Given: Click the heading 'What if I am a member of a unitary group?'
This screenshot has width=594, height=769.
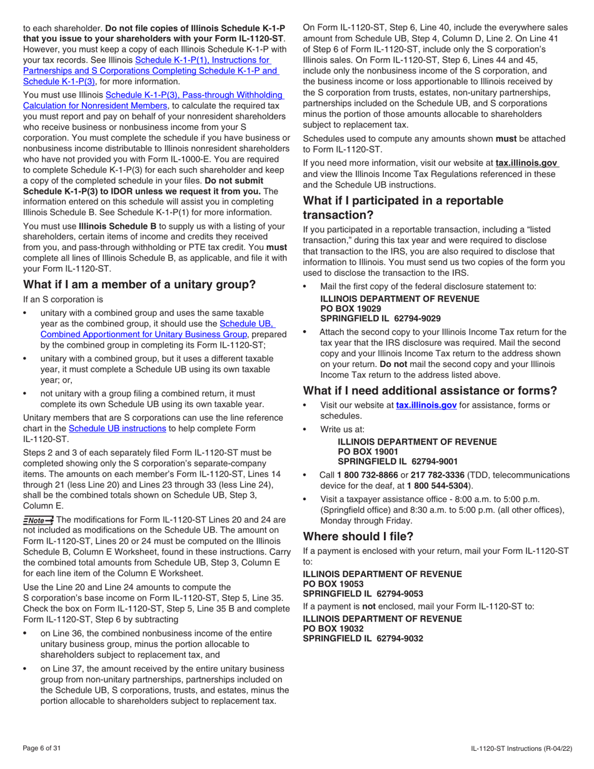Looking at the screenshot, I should click(139, 285).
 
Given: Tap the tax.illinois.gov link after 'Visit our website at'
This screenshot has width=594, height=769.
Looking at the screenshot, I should click(426, 406).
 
